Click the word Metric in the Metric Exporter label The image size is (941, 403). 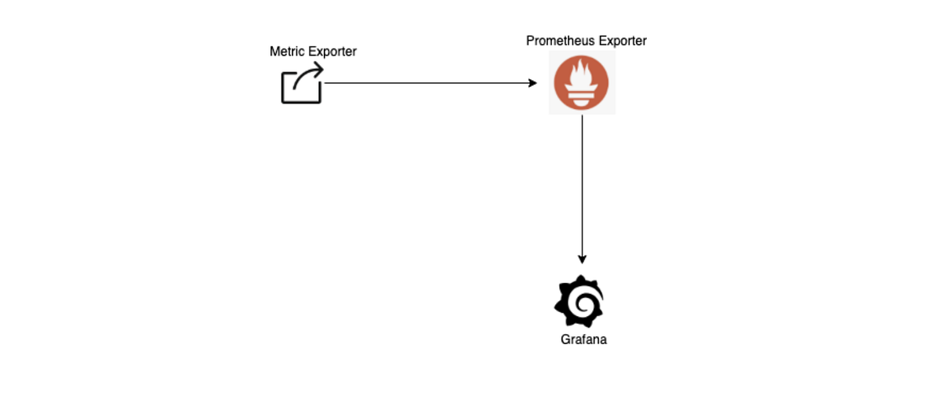pos(286,52)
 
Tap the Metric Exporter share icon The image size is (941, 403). pos(302,84)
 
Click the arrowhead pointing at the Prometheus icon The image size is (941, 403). pos(533,83)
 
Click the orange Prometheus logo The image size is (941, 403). pos(582,82)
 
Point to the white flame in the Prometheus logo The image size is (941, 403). pos(582,76)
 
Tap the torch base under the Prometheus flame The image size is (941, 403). pos(582,97)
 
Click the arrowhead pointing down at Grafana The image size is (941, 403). pos(582,260)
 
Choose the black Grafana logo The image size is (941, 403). pos(579,301)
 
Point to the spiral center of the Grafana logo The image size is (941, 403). pos(581,303)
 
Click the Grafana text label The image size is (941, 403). pos(583,340)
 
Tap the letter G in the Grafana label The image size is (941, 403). pos(565,340)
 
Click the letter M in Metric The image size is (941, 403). pos(274,52)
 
